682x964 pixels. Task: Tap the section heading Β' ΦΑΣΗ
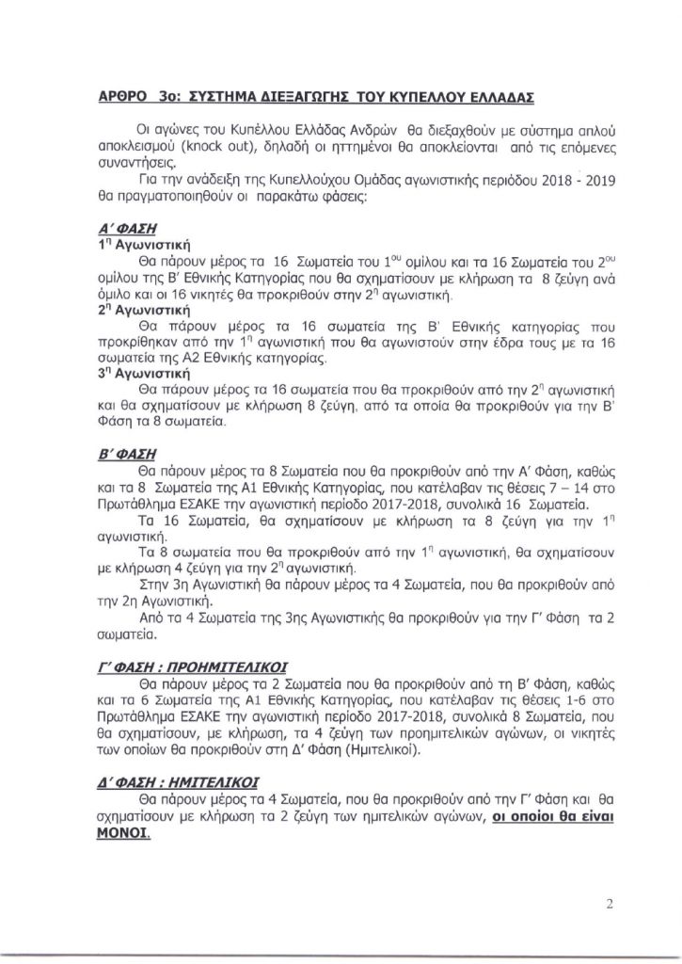pyautogui.click(x=125, y=451)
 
